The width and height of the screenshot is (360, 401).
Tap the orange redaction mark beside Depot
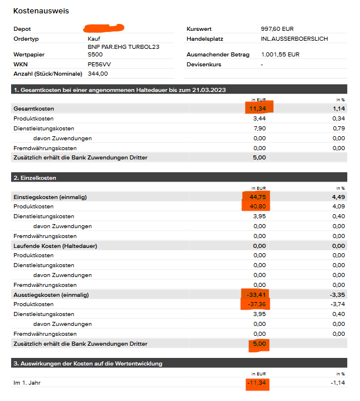tap(104, 27)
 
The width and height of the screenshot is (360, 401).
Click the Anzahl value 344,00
tap(98, 74)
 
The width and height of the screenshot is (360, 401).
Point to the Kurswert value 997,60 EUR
tap(279, 29)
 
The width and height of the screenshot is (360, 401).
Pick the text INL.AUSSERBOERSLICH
tap(294, 38)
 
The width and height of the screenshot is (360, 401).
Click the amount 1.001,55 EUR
tap(280, 55)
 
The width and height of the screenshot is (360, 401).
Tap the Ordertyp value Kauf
tap(94, 38)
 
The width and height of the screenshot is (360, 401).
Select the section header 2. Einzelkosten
tap(35, 178)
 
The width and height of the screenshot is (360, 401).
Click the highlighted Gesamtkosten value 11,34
tap(256, 108)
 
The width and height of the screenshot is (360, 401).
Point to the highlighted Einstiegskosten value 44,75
tap(256, 197)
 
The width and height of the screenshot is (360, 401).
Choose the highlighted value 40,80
tap(256, 207)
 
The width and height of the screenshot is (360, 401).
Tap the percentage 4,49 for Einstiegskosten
tap(338, 197)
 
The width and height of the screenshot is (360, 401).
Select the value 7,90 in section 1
tap(260, 128)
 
